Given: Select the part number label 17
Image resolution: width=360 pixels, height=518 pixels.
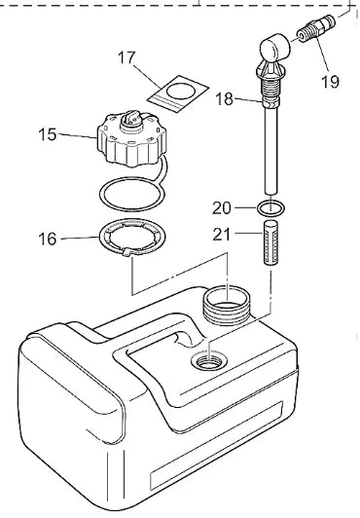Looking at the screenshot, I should pyautogui.click(x=127, y=58).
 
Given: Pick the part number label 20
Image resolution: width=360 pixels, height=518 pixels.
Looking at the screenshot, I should pyautogui.click(x=223, y=207).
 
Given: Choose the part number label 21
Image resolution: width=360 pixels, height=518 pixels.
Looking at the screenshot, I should pyautogui.click(x=223, y=234).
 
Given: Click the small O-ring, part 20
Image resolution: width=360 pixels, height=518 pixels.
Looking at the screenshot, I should pyautogui.click(x=271, y=207).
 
